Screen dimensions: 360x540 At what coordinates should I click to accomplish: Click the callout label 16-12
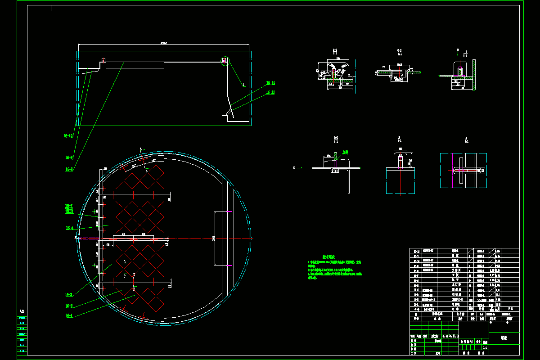tap(270, 83)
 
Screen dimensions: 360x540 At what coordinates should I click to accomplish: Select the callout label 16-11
tap(270, 92)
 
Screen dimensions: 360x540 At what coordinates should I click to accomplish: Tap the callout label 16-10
tap(69, 135)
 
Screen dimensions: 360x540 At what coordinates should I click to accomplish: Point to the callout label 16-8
tap(69, 169)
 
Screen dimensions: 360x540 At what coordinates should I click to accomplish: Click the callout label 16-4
tap(70, 228)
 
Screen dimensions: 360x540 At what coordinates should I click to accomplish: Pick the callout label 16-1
tap(69, 316)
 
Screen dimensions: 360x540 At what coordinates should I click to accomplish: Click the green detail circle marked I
tap(225, 61)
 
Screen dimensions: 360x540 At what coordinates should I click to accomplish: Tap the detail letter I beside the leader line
tap(243, 84)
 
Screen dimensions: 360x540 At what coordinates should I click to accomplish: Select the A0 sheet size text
tap(21, 311)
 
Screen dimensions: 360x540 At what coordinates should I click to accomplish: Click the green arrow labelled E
tap(298, 168)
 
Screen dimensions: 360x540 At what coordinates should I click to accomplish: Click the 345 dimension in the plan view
tap(214, 238)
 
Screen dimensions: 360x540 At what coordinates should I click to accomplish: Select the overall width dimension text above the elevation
tap(164, 43)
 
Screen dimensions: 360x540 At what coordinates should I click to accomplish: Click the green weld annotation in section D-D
tap(345, 152)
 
